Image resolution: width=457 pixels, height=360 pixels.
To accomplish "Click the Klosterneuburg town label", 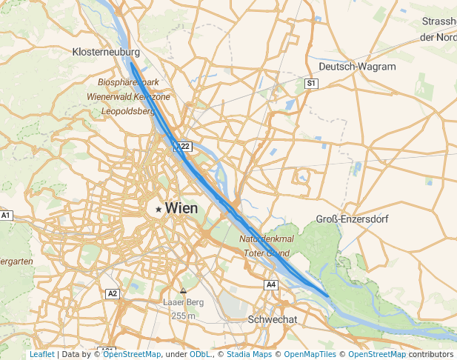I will (107, 52).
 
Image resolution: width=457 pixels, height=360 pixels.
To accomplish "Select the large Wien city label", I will (181, 209).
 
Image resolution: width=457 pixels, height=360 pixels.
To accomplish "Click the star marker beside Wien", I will (159, 210).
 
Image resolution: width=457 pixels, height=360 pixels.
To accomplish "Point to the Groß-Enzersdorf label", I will (352, 220).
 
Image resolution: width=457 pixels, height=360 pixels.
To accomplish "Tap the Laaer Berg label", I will (183, 303).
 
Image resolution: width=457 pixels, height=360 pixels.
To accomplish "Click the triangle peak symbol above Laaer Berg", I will (183, 290).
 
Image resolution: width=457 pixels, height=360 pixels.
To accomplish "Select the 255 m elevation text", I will (183, 316).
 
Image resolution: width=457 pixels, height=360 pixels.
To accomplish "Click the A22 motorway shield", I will (183, 146).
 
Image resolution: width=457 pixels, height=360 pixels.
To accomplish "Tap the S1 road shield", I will (311, 84).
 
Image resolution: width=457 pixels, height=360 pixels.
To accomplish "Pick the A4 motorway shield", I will (271, 284).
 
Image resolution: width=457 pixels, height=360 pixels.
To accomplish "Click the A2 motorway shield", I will (113, 293).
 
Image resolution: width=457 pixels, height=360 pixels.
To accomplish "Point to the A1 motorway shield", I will (6, 216).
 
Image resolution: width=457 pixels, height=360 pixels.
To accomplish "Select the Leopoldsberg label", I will (128, 111).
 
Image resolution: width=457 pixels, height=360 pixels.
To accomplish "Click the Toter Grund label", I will (267, 253).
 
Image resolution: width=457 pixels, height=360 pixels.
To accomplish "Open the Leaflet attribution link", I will (41, 355).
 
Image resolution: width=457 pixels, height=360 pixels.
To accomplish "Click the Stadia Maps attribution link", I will (249, 355).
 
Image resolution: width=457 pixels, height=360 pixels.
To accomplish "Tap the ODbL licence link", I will (200, 355).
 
